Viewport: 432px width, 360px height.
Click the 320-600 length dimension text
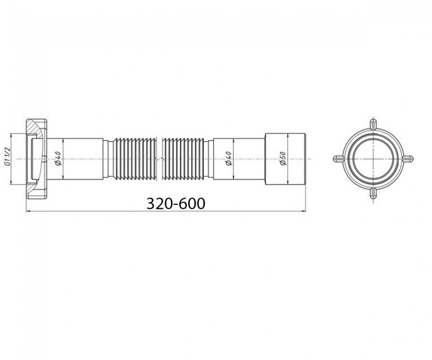tap(176, 204)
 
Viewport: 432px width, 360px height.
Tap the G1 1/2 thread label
tap(7, 157)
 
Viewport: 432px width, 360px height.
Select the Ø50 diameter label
tap(283, 159)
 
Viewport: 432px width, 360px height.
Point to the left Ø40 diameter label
tap(58, 159)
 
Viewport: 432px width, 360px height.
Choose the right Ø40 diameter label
tap(228, 159)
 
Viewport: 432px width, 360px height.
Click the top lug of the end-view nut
tap(373, 124)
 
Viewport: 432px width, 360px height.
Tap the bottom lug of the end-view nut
tap(373, 193)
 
